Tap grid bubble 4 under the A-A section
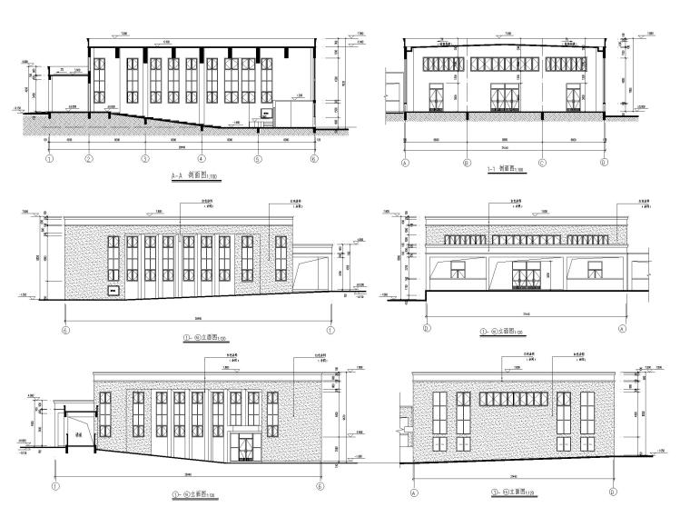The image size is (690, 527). pyautogui.click(x=201, y=159)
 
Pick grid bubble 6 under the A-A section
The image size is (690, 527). pyautogui.click(x=313, y=159)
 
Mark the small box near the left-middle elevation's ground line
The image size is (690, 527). pyautogui.click(x=115, y=290)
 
